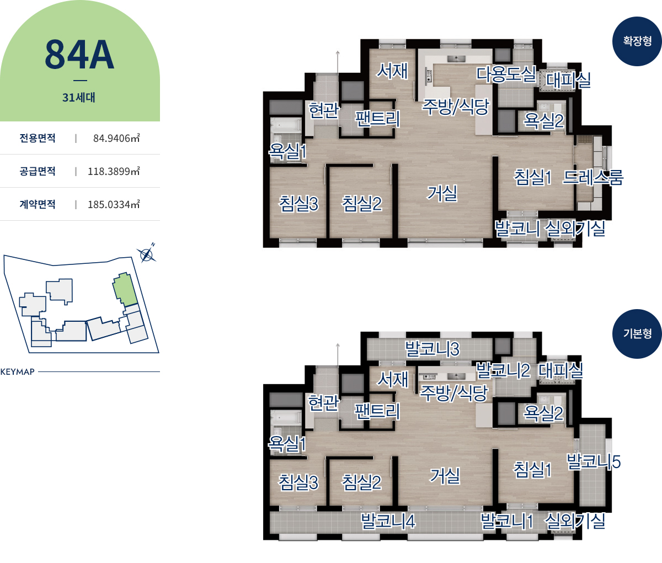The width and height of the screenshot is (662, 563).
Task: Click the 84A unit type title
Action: [79, 55]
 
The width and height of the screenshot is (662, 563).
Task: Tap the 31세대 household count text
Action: [79, 97]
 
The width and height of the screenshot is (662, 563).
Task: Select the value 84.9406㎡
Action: [116, 138]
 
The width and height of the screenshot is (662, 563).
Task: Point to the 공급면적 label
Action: [38, 171]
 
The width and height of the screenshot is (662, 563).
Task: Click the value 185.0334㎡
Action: [114, 204]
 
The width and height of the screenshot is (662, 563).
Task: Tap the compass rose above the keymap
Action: [147, 255]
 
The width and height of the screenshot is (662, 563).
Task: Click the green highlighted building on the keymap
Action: [125, 289]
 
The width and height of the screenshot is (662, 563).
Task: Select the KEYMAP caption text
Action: [17, 371]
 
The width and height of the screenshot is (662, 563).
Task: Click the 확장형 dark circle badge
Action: [637, 41]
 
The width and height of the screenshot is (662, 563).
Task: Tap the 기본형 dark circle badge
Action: [637, 334]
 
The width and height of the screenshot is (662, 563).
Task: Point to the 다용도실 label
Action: [506, 74]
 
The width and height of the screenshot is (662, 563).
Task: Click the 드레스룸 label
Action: [593, 177]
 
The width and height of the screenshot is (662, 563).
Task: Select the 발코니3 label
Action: [433, 349]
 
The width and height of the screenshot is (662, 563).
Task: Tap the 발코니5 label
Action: [594, 462]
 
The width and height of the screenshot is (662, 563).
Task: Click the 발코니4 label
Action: [388, 521]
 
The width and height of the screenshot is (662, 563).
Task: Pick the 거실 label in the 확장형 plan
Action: [442, 193]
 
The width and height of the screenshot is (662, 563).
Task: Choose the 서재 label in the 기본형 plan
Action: [393, 379]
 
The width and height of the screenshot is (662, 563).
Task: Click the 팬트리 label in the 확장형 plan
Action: [377, 119]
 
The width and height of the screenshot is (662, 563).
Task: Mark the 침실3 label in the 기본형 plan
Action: [298, 482]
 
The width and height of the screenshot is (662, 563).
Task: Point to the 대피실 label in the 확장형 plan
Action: [568, 80]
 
